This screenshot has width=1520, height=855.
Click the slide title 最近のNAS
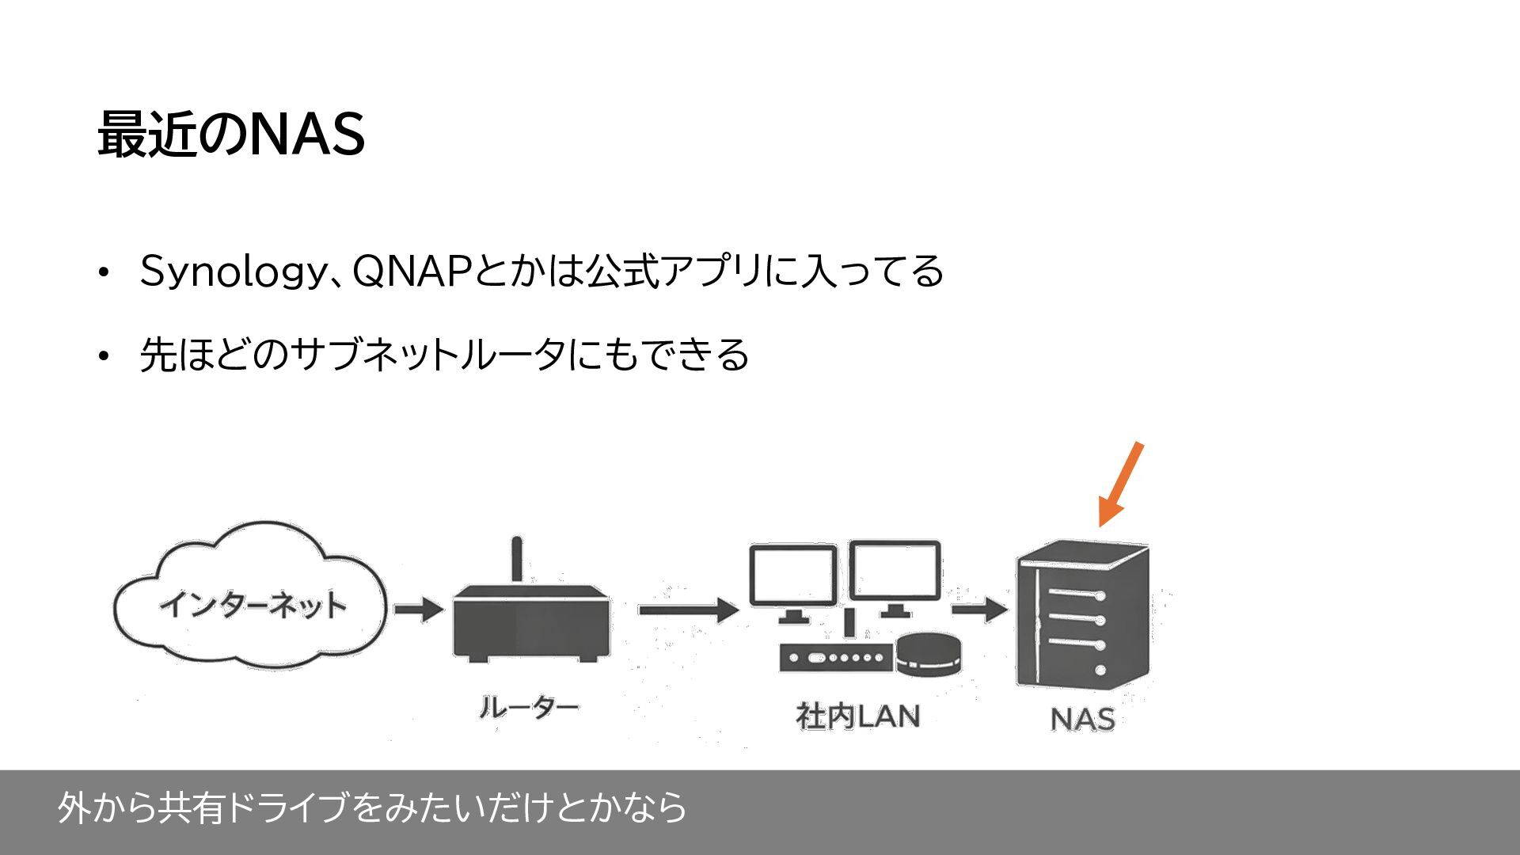point(231,134)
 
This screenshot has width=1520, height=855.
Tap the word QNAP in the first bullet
point(412,272)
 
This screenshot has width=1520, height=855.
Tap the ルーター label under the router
point(528,707)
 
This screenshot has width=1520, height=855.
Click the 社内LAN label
point(857,716)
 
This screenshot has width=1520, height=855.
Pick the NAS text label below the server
point(1082,719)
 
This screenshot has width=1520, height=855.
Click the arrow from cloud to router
point(419,610)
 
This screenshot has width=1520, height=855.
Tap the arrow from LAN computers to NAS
point(978,610)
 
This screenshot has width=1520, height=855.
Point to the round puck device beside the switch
point(929,653)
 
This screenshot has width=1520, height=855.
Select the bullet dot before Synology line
point(102,272)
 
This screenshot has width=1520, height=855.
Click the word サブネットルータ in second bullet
point(427,354)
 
